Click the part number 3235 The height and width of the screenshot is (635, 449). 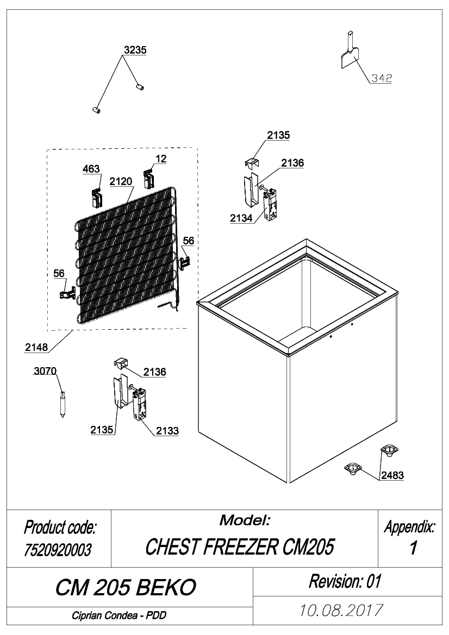tap(135, 50)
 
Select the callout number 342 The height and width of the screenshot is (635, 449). tap(382, 78)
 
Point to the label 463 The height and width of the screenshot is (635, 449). tap(91, 169)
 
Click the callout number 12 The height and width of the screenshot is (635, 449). tap(161, 159)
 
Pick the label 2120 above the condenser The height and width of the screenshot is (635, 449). tap(121, 181)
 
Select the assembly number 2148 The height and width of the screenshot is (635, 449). tap(36, 347)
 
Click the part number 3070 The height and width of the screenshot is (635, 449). tap(45, 371)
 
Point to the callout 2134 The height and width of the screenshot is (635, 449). tap(241, 218)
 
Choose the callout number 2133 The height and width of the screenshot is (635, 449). tap(167, 431)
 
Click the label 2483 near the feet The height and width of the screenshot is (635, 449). tap(392, 475)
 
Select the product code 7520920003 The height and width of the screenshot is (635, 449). tap(58, 550)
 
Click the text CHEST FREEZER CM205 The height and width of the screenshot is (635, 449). tap(240, 546)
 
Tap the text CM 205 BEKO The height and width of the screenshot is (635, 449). tap(126, 587)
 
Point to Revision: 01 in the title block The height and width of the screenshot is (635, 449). tap(345, 581)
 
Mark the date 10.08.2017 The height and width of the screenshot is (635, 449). tap(341, 611)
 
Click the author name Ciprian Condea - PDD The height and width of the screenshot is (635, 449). tap(119, 615)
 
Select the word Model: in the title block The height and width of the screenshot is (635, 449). tap(245, 520)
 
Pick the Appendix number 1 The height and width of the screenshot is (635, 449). tap(413, 548)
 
